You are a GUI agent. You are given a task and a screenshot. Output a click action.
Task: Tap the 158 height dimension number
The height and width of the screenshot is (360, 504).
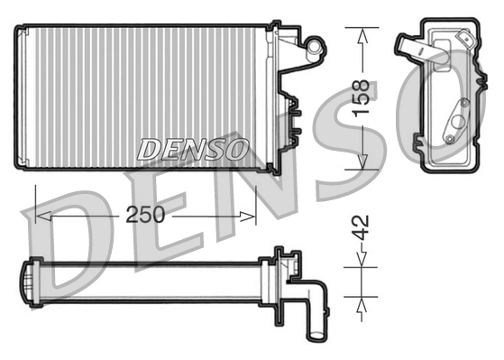[362, 97]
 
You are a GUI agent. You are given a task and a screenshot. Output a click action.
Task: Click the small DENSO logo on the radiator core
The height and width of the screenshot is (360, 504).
[192, 150]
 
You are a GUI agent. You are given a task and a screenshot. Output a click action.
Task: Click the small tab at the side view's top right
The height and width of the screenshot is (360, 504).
[465, 38]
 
